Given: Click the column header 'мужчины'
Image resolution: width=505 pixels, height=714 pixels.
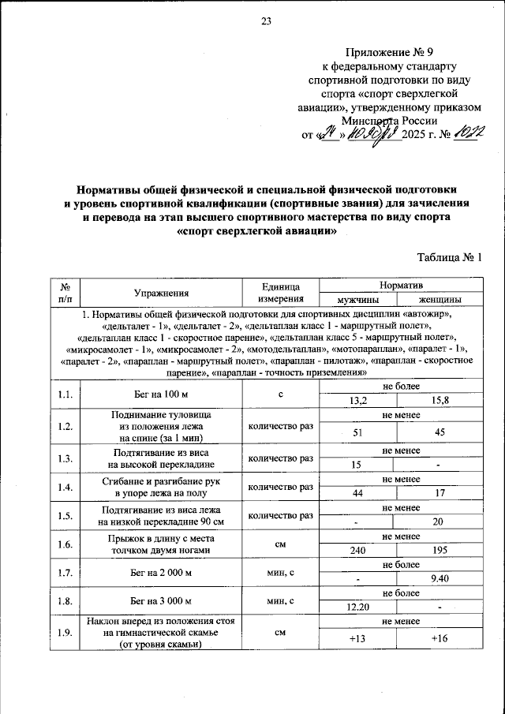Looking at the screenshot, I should (x=357, y=300).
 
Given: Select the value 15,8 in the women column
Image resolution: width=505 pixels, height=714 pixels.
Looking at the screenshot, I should (x=440, y=401).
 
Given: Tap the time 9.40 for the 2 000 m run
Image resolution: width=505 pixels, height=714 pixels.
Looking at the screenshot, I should (x=440, y=578).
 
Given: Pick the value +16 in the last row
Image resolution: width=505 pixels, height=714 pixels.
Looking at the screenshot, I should (x=440, y=637).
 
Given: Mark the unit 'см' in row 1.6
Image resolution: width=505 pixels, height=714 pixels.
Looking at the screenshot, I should (x=280, y=543).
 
